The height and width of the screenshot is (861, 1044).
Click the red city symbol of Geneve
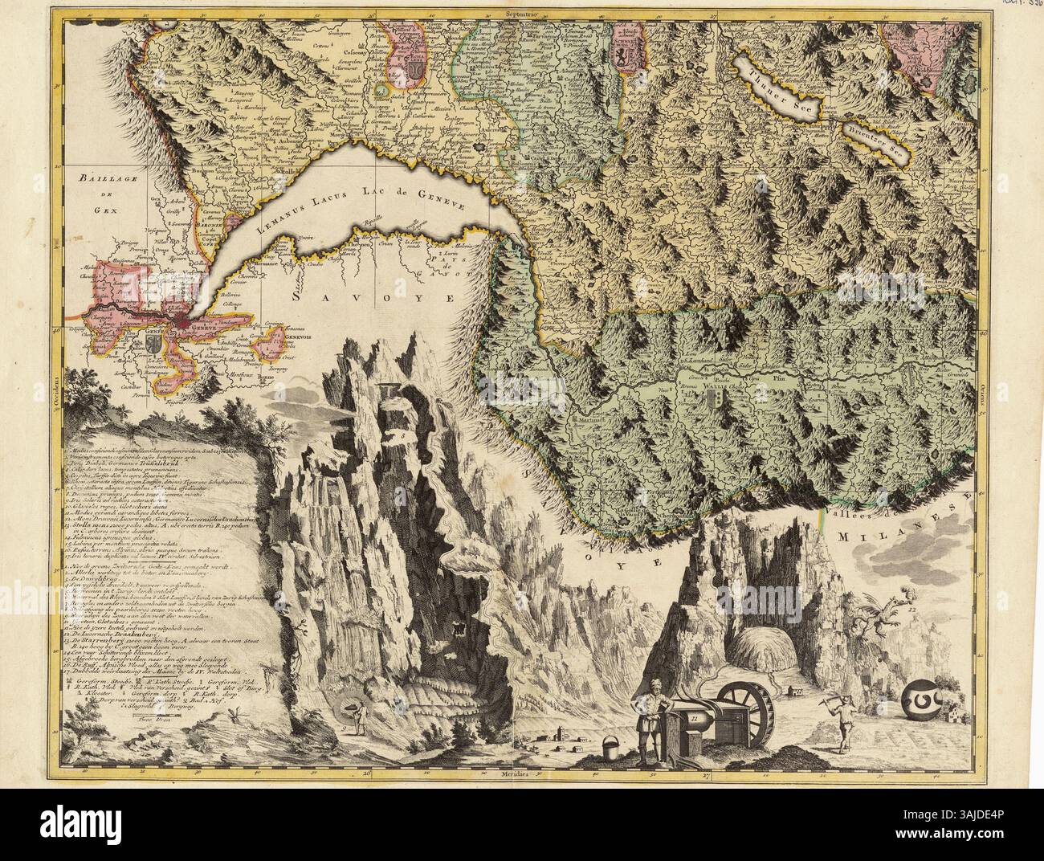pyautogui.click(x=187, y=323)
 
